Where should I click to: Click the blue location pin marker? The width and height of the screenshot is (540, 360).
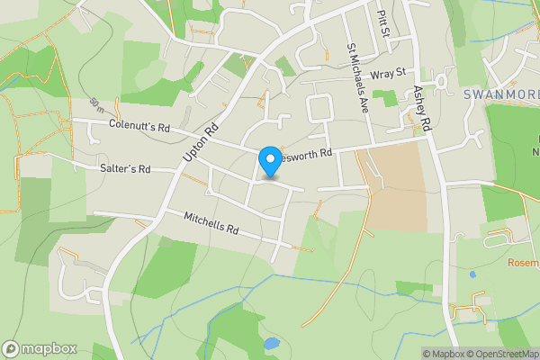click(x=269, y=161)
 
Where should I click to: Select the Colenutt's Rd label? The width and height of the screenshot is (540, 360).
click(x=139, y=127)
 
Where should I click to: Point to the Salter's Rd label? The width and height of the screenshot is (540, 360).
click(x=126, y=168)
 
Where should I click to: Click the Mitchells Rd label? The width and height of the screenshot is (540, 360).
click(x=211, y=223)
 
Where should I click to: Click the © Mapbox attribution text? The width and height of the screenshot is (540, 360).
click(x=443, y=354)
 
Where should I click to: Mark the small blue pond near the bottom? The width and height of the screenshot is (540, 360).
click(x=271, y=343)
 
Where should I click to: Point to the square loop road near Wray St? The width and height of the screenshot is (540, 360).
click(x=320, y=109)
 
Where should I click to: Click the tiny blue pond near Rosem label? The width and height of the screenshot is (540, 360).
click(x=472, y=274)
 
